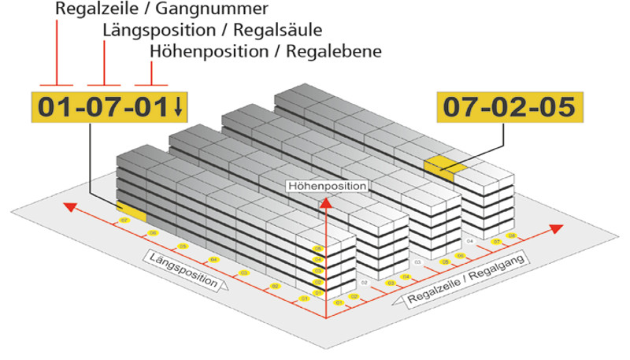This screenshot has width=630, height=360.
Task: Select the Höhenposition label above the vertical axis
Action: coord(327,186)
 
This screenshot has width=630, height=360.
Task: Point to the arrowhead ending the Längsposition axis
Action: coord(69,207)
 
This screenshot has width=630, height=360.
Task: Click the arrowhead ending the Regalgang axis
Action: coord(557,228)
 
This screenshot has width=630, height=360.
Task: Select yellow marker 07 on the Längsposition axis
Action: coord(123,221)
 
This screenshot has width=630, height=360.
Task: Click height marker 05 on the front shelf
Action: coord(318,249)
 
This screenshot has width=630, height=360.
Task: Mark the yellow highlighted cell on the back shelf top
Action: coord(439,165)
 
